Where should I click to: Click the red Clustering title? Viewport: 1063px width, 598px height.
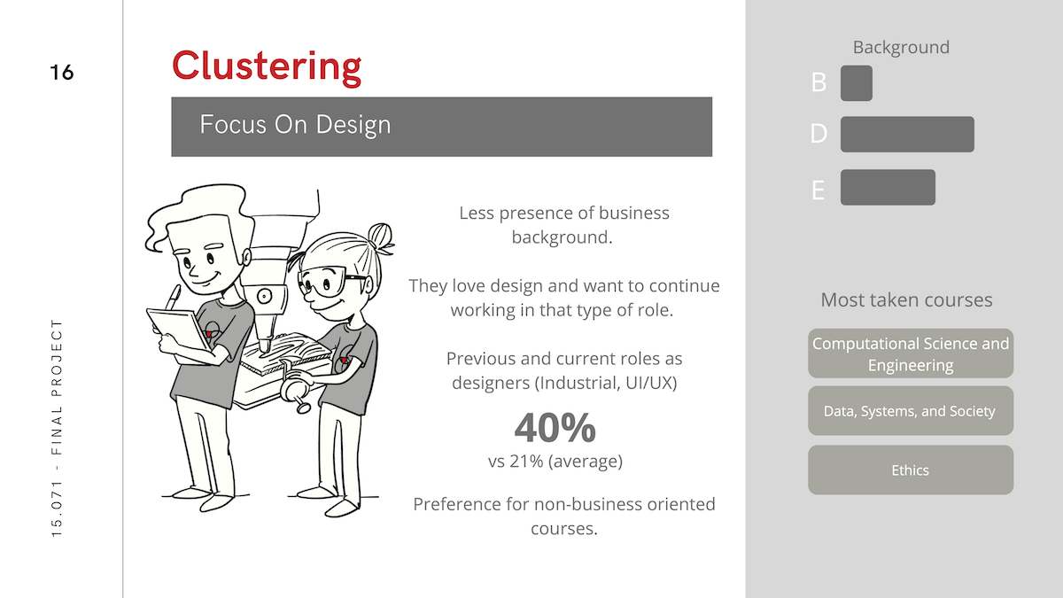point(267,68)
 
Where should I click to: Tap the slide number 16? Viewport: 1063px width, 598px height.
point(62,73)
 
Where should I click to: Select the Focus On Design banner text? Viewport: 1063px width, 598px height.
point(295,125)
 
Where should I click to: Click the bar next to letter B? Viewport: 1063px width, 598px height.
point(856,83)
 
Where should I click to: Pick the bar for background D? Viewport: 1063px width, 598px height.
point(907,135)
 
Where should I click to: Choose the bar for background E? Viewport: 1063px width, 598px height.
point(888,188)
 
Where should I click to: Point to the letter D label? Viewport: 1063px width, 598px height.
point(819,134)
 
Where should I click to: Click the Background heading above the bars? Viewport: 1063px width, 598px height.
point(901,48)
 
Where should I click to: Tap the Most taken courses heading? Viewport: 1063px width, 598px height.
point(906,300)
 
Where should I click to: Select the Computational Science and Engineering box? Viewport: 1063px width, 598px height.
point(911,353)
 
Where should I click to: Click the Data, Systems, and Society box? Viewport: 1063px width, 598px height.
point(911,410)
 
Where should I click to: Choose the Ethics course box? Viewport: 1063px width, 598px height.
point(911,470)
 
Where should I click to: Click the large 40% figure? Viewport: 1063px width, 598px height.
point(555,428)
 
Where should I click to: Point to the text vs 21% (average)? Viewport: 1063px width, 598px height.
point(555,461)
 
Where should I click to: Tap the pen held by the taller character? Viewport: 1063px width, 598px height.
point(172,298)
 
